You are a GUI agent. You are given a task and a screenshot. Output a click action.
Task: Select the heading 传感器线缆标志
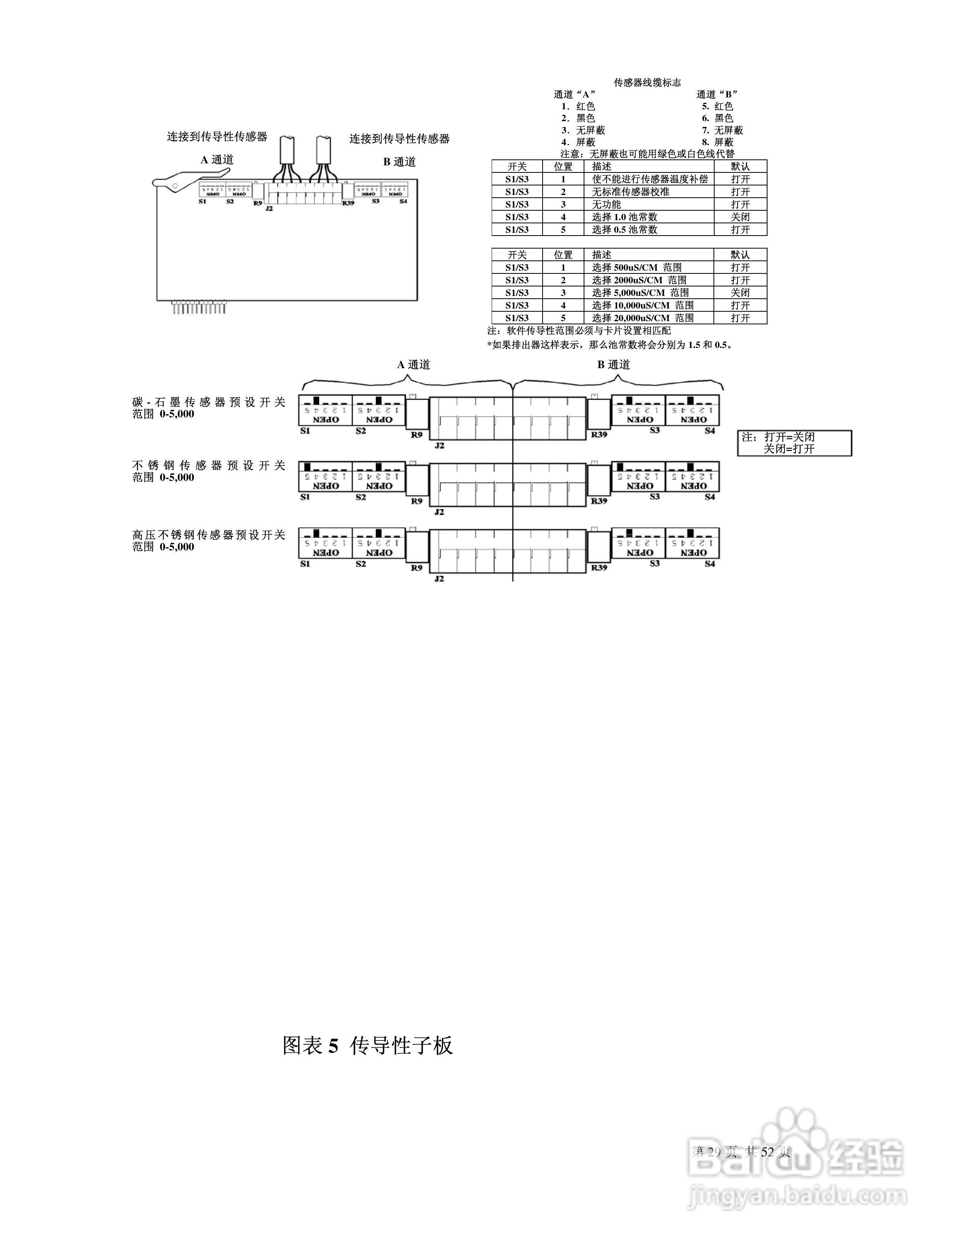point(647,83)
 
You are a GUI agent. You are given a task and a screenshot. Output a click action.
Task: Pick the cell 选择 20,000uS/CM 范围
point(643,318)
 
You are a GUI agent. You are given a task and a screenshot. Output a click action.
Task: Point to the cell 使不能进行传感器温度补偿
point(650,179)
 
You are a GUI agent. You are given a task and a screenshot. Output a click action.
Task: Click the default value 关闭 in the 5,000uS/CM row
point(740,292)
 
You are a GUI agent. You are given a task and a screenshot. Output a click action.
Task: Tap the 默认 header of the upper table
point(740,167)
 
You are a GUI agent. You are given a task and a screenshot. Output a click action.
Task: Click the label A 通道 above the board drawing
point(217,160)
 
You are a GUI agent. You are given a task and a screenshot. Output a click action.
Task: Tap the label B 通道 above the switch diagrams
point(614,365)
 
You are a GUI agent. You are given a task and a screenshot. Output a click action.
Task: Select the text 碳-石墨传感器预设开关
point(209,402)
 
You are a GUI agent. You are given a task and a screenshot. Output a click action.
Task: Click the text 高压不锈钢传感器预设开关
point(209,535)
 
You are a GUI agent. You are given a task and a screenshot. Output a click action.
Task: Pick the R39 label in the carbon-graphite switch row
point(599,435)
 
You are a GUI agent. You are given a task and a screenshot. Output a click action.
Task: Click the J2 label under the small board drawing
point(269,209)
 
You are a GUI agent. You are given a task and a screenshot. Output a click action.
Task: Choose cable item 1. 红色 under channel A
point(578,107)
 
